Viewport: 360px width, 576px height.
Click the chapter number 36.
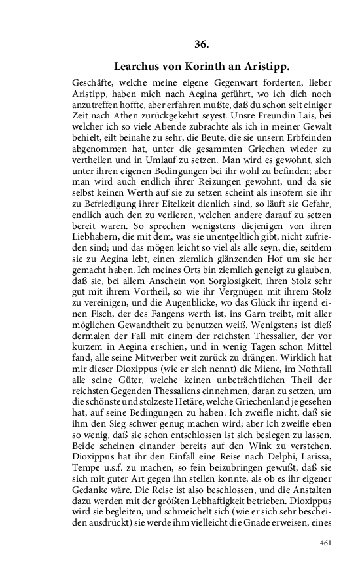coord(202,45)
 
